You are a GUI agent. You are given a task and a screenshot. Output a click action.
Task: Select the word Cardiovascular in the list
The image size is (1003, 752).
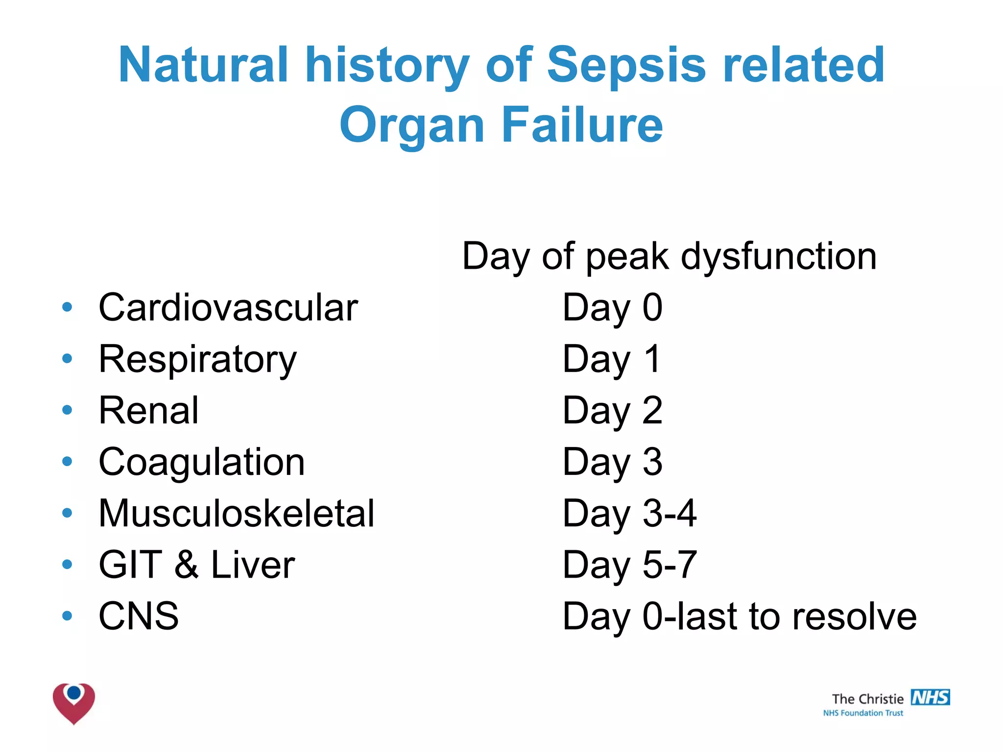click(x=228, y=307)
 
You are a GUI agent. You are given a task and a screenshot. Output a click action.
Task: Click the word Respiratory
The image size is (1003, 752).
click(x=197, y=359)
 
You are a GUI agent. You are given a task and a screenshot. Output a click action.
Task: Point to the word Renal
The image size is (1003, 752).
click(x=148, y=410)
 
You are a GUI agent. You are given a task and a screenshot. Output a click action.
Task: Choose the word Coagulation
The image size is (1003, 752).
click(x=201, y=462)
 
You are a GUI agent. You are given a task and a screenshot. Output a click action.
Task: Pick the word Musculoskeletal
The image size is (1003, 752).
click(x=236, y=513)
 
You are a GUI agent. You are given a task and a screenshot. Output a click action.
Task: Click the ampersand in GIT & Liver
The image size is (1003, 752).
click(x=187, y=564)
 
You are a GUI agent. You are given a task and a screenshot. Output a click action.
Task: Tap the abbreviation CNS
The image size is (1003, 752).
click(x=139, y=616)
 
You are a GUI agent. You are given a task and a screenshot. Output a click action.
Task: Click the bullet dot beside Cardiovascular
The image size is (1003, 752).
click(x=67, y=307)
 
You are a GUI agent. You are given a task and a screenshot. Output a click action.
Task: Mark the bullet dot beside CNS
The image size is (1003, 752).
click(x=67, y=615)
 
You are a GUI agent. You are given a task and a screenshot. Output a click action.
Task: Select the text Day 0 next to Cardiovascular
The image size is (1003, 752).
click(x=612, y=307)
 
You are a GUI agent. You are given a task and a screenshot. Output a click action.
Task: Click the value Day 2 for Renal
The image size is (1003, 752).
click(x=612, y=410)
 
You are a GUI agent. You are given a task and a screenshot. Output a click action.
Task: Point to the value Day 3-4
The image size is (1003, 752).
click(x=629, y=513)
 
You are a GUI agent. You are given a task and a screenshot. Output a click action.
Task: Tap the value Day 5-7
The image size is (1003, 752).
click(x=629, y=564)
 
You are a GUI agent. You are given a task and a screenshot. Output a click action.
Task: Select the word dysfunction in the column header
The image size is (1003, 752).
click(x=778, y=256)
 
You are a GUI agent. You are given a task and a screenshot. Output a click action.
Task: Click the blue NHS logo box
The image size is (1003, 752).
click(x=930, y=697)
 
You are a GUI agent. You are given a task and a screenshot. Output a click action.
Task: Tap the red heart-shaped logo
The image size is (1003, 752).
click(x=74, y=703)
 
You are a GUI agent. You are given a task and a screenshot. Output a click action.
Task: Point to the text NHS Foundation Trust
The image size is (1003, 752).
click(x=863, y=713)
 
